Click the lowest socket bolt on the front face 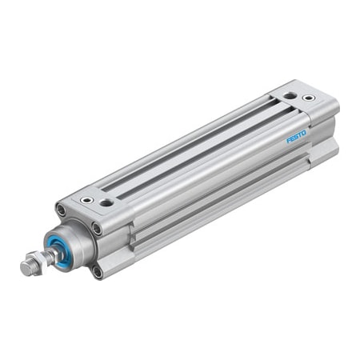click(x=98, y=272)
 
